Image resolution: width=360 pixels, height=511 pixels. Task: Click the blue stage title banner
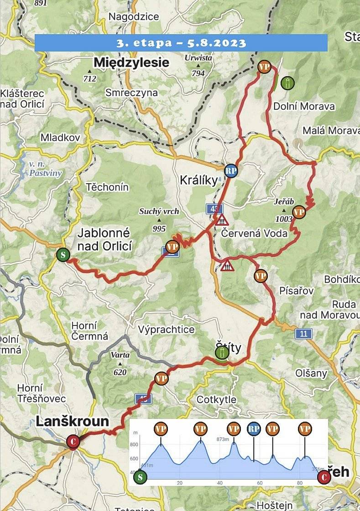click(181, 43)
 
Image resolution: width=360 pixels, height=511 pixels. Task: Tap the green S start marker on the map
click(63, 254)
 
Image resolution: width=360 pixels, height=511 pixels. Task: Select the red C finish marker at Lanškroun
click(73, 441)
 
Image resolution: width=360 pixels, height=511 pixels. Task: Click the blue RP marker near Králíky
click(231, 170)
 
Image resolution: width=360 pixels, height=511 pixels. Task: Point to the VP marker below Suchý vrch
click(172, 247)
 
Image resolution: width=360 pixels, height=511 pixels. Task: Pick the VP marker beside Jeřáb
click(299, 212)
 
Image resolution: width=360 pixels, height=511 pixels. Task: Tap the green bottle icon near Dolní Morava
click(288, 83)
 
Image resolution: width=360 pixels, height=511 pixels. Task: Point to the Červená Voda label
click(254, 233)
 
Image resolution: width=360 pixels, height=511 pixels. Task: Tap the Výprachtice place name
click(166, 329)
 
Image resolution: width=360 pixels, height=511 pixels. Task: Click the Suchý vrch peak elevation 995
click(159, 229)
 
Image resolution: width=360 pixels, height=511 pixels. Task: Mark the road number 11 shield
click(303, 334)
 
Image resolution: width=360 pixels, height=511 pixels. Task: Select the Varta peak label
click(120, 355)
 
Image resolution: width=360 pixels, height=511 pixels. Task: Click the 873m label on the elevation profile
click(222, 439)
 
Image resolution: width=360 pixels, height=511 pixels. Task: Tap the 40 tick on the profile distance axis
click(220, 483)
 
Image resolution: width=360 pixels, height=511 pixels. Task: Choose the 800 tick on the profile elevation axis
click(134, 444)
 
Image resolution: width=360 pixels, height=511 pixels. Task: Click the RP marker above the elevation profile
click(254, 429)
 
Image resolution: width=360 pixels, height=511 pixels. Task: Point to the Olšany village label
click(311, 373)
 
